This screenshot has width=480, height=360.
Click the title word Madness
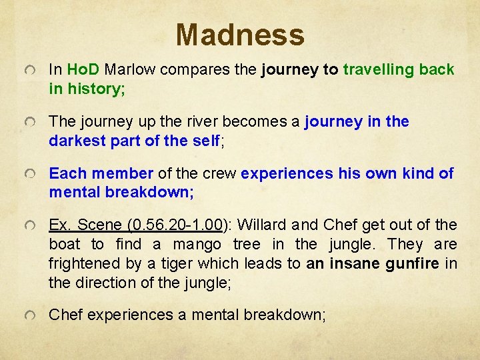pos(240,35)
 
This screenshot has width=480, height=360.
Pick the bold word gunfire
pos(413,264)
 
